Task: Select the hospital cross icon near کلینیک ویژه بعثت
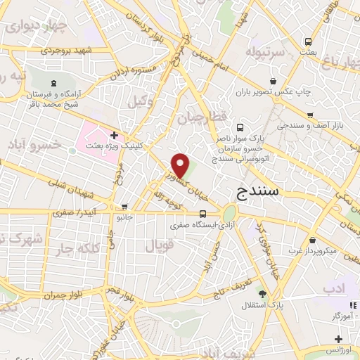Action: [114, 134]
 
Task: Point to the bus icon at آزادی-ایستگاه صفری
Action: [202, 214]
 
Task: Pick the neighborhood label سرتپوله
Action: [264, 52]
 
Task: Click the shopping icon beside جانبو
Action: [125, 207]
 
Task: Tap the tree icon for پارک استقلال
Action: [263, 294]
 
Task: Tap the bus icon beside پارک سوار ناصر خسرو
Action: [240, 128]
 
